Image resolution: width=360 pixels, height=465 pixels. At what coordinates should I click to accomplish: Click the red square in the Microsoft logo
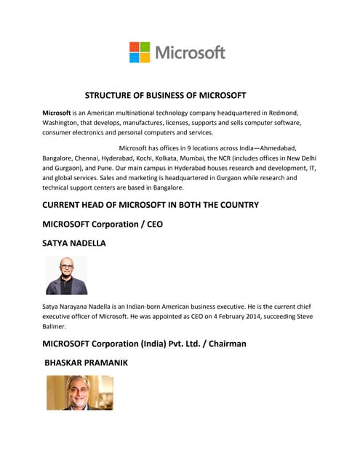(x=135, y=46)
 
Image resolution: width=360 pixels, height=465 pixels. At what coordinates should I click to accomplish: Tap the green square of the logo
(x=145, y=46)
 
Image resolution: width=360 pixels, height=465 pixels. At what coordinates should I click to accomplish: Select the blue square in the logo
(x=135, y=57)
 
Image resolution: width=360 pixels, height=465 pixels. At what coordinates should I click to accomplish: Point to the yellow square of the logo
(x=145, y=57)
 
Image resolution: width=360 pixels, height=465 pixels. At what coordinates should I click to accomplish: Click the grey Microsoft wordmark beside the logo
(x=190, y=52)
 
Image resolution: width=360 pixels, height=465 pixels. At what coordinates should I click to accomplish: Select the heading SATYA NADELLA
(x=74, y=243)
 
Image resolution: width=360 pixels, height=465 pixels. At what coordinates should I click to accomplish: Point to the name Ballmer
(x=55, y=327)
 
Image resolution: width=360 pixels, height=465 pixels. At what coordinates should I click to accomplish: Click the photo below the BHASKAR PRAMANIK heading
(x=79, y=392)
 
